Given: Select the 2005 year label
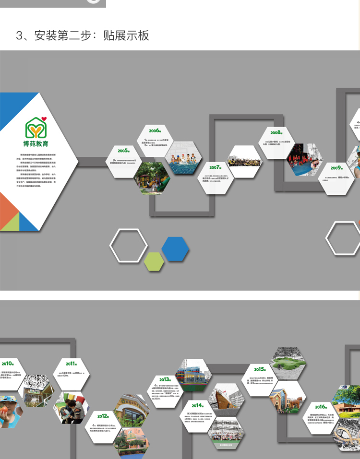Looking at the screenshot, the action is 123,151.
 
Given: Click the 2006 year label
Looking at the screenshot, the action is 154,130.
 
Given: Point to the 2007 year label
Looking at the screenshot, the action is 215,167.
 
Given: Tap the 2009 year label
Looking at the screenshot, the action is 336,168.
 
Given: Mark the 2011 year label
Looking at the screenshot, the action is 72,364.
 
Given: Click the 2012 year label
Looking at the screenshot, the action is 103,416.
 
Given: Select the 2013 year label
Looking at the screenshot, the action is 165,379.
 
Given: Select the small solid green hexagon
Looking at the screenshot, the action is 154,261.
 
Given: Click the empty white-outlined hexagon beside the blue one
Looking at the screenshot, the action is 129,246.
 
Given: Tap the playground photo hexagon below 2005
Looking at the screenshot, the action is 152,178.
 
